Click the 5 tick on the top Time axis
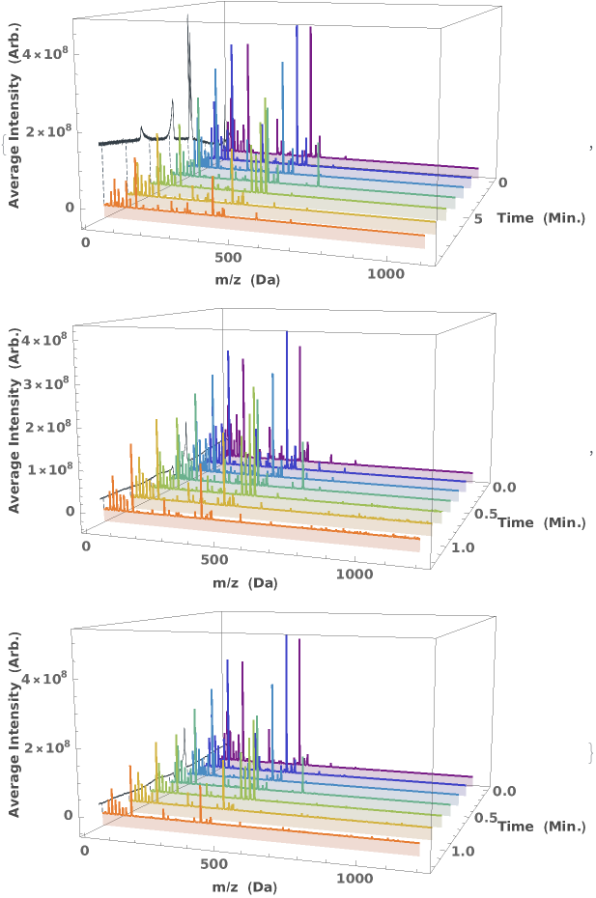click(x=480, y=220)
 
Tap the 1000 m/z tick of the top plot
click(x=386, y=276)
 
